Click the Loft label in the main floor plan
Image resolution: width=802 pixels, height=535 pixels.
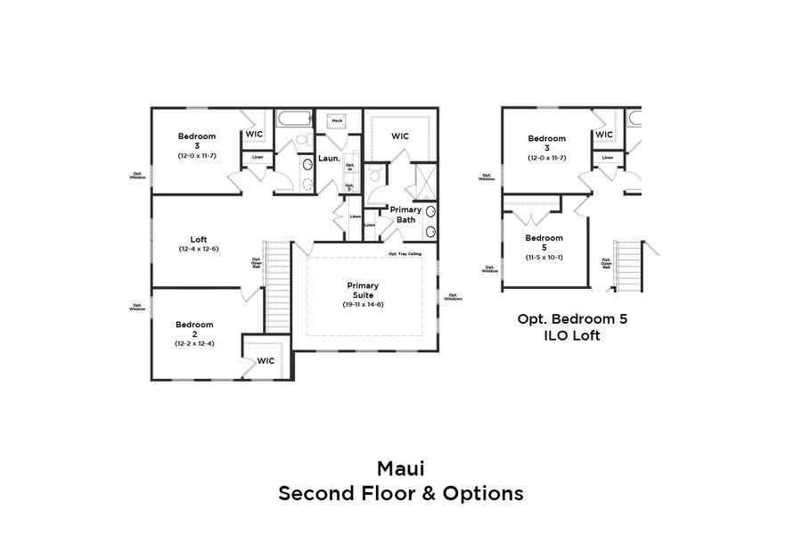coord(199,239)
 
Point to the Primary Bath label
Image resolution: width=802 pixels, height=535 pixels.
coord(406,214)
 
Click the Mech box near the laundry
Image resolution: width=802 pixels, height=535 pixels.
coord(338,119)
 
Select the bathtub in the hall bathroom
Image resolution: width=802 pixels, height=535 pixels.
coord(293,119)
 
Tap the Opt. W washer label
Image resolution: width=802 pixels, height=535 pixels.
coord(349,167)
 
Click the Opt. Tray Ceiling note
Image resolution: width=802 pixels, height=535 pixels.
coord(405,253)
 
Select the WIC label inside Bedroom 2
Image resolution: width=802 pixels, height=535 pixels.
coord(266,361)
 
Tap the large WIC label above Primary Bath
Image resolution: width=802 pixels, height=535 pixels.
coord(400,136)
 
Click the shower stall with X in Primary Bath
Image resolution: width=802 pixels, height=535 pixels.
coord(425,185)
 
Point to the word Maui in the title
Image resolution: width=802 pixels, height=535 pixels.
coord(400,468)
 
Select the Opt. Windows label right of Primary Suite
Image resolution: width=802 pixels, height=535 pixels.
coord(453,297)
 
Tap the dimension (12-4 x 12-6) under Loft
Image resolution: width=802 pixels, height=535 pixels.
coord(199,249)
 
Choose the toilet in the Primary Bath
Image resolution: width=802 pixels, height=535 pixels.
coord(375,174)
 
